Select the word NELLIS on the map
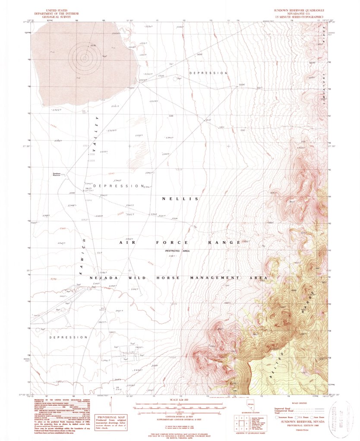coord(180,198)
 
